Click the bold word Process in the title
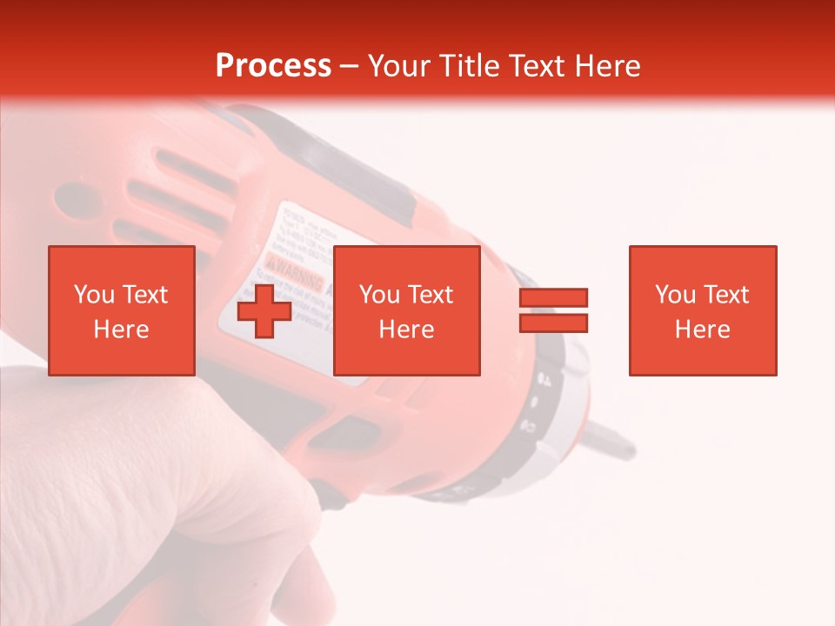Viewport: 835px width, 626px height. (x=273, y=66)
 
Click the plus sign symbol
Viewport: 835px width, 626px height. (x=264, y=310)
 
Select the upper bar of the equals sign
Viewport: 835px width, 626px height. (x=553, y=297)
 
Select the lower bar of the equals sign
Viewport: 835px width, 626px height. (x=553, y=323)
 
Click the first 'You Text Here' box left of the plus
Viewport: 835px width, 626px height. (x=121, y=310)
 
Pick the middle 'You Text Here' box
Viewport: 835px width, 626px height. (x=406, y=310)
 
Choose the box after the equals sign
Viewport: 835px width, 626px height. (x=702, y=310)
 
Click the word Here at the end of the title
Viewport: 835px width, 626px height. (x=611, y=66)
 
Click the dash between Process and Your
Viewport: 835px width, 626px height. (x=349, y=66)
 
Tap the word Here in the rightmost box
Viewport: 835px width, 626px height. (x=702, y=330)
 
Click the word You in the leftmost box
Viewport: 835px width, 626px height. (x=93, y=295)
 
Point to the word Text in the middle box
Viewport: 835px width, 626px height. (x=431, y=295)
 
